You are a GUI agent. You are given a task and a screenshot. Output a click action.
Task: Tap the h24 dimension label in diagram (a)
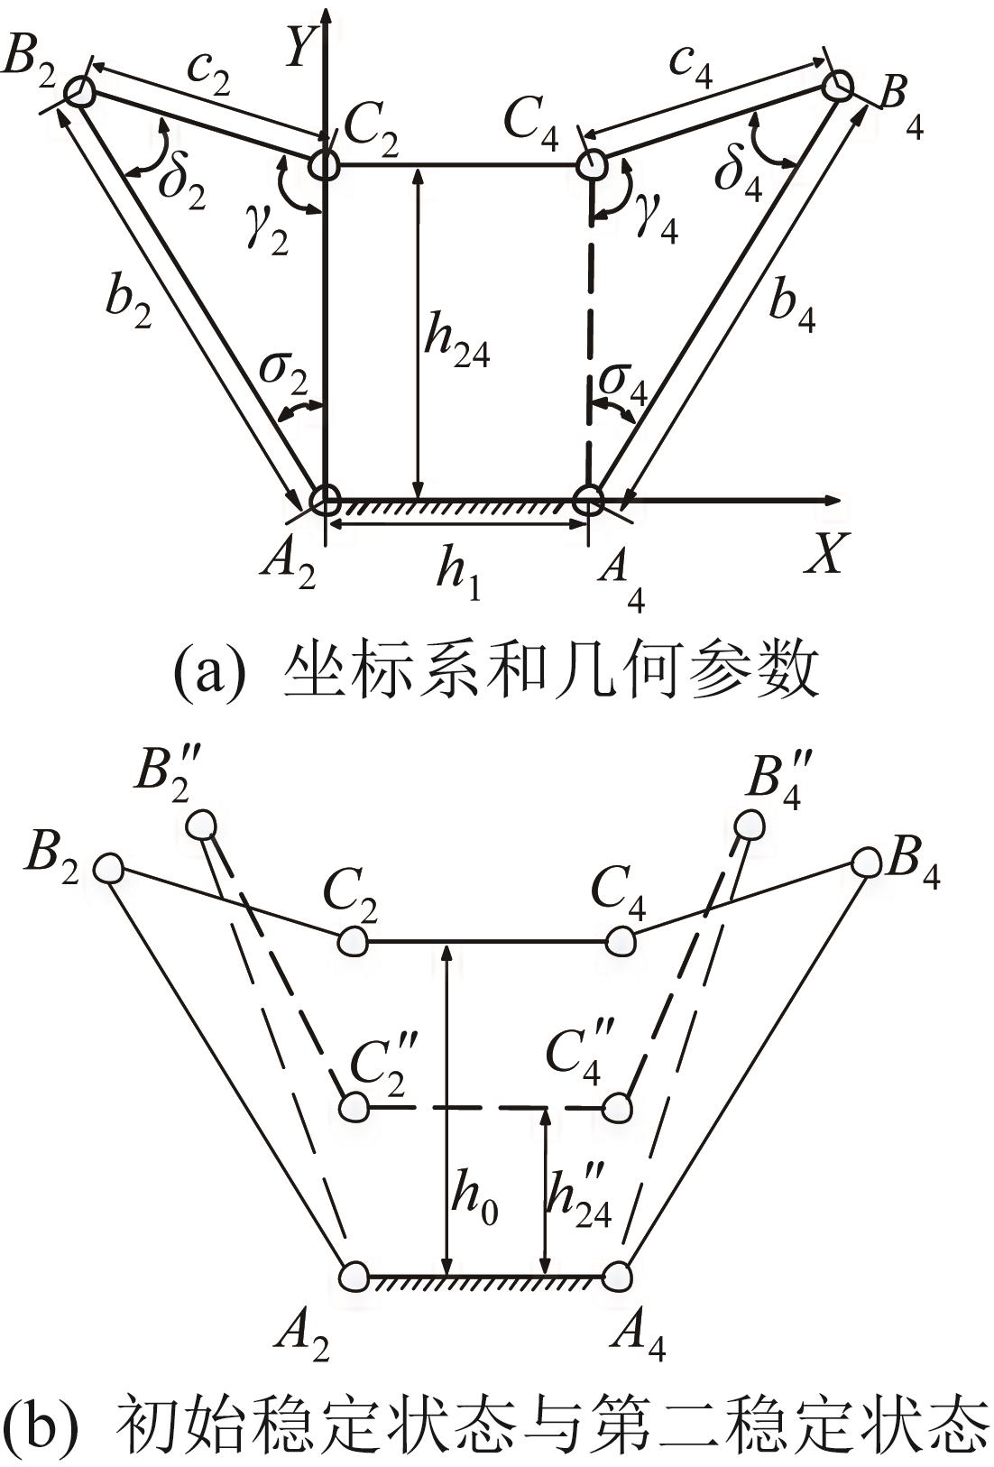tap(456, 345)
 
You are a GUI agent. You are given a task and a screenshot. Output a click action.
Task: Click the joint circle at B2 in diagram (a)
tap(80, 91)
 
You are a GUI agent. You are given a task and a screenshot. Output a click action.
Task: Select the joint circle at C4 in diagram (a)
tap(591, 163)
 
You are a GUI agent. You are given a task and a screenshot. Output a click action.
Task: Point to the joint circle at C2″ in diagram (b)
tap(354, 1107)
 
